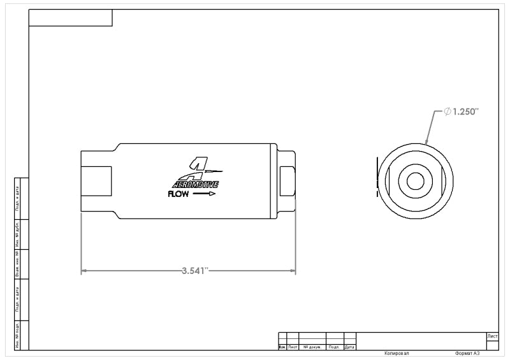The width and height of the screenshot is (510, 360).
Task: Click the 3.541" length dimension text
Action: (x=194, y=271)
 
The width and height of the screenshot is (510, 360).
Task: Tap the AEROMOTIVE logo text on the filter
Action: (x=196, y=185)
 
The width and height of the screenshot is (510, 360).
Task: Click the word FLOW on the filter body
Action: (x=178, y=195)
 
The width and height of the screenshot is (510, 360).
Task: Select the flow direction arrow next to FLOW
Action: (x=204, y=195)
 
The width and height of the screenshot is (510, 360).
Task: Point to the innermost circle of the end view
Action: (x=415, y=180)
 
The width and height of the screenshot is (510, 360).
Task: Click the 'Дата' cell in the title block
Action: (x=349, y=347)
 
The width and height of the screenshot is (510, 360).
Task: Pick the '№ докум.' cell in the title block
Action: (x=312, y=347)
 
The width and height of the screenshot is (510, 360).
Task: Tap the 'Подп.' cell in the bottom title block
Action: (x=334, y=347)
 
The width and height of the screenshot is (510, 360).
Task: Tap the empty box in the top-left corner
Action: (x=71, y=18)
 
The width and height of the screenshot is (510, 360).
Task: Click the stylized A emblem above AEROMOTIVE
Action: (x=198, y=167)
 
